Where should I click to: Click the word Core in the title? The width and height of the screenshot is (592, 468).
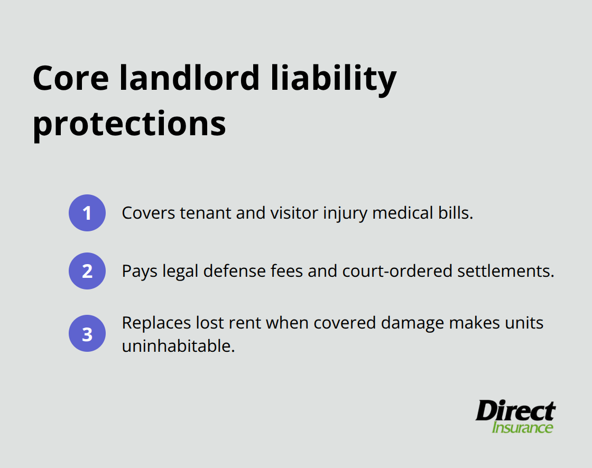[x=71, y=79]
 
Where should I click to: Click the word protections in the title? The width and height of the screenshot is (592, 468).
[x=129, y=124]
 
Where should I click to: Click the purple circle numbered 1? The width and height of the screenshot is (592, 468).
[x=87, y=213]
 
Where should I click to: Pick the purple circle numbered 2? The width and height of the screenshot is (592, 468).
[x=87, y=271]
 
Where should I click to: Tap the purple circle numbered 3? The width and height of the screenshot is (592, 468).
[x=87, y=334]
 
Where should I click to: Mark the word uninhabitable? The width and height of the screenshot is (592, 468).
[x=178, y=346]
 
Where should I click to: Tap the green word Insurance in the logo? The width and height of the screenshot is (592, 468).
[x=522, y=427]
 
